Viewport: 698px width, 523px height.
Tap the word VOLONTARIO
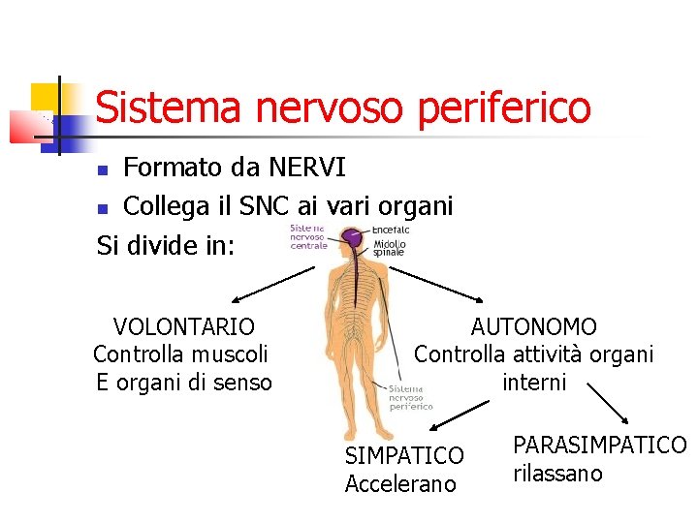pos(183,327)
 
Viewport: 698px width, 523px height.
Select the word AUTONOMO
pos(533,327)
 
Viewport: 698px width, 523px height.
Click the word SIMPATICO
pos(404,455)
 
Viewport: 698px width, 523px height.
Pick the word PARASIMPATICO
pos(599,446)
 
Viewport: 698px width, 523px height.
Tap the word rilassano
pos(557,474)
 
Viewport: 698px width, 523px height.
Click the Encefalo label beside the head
pos(391,230)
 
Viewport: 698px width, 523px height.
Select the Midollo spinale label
pos(390,248)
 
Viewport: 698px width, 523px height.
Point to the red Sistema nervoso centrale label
pos(309,237)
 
